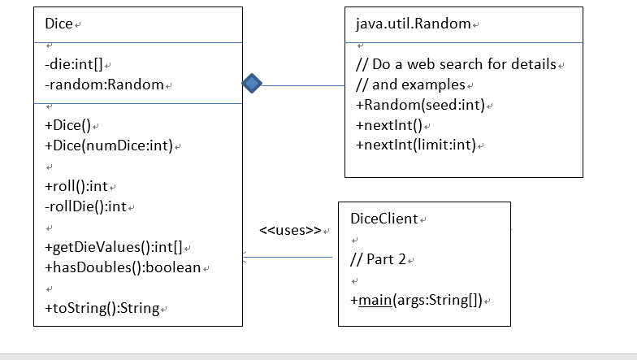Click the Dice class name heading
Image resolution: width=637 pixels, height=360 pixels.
(x=59, y=24)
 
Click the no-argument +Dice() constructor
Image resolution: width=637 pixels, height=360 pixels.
(x=68, y=126)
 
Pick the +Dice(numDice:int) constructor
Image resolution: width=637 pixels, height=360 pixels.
(x=108, y=146)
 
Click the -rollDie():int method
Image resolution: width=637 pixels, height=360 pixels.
(x=85, y=206)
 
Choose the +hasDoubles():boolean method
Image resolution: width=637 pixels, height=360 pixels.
(x=123, y=267)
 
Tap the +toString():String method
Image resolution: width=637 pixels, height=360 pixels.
(x=102, y=308)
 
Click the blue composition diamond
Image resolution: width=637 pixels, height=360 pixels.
(x=252, y=83)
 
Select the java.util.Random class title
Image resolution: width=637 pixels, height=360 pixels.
(x=413, y=24)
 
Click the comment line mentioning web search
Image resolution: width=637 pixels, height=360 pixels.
(x=456, y=64)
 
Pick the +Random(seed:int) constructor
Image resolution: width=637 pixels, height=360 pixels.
(x=420, y=105)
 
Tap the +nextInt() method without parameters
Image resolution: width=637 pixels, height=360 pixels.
(x=389, y=125)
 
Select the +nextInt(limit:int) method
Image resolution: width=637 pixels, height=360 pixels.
(x=415, y=145)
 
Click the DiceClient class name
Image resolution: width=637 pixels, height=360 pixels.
(x=383, y=219)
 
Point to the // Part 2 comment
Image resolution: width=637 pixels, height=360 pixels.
(x=379, y=259)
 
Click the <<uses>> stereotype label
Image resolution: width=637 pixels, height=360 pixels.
(x=290, y=230)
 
